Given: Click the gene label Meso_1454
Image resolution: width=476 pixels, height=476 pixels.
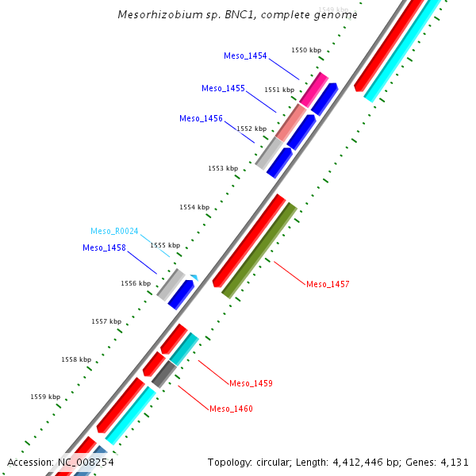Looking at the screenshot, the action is pyautogui.click(x=245, y=56).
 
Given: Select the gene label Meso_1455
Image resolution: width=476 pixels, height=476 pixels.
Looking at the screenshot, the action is pyautogui.click(x=223, y=88).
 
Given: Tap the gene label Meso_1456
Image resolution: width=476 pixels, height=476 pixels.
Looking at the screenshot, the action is pyautogui.click(x=201, y=118).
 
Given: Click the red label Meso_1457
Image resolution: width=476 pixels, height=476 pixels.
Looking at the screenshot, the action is pyautogui.click(x=328, y=283).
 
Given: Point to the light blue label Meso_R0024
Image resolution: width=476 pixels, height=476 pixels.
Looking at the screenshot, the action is pyautogui.click(x=114, y=231).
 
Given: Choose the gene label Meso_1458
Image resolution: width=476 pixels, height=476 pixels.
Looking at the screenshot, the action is pyautogui.click(x=104, y=248).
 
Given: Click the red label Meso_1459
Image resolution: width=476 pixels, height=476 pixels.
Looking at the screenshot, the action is pyautogui.click(x=251, y=383).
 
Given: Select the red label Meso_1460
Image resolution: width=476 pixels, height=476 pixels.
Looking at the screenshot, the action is pyautogui.click(x=231, y=409).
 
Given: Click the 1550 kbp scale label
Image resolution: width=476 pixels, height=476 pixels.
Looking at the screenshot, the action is pyautogui.click(x=306, y=50).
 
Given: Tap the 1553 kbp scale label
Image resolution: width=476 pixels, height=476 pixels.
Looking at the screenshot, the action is pyautogui.click(x=223, y=168).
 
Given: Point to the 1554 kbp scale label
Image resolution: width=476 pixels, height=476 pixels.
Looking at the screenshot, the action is pyautogui.click(x=194, y=207).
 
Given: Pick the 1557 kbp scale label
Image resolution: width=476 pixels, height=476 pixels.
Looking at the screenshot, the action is pyautogui.click(x=106, y=321).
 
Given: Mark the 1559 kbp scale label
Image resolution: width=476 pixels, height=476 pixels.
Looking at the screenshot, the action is pyautogui.click(x=45, y=397).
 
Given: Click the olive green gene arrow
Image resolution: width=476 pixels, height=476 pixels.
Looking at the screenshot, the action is pyautogui.click(x=259, y=251).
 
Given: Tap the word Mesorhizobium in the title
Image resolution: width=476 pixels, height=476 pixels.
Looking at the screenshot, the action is pyautogui.click(x=155, y=14).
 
